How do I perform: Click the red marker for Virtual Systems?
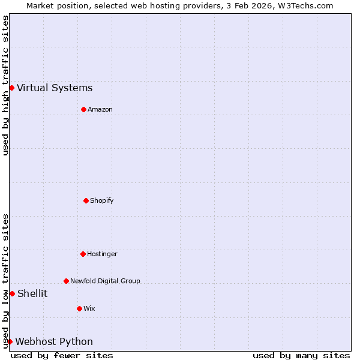click(11, 88)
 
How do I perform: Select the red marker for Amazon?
click(83, 109)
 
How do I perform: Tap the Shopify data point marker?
click(86, 200)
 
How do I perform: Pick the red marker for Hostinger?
click(83, 254)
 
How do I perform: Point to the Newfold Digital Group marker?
click(66, 281)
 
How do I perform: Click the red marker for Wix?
click(79, 308)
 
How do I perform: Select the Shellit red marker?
click(12, 293)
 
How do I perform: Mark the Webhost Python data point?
click(10, 341)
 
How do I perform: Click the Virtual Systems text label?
click(55, 88)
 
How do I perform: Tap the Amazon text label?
click(100, 109)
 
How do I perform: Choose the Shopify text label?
click(102, 200)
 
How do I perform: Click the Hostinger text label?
click(102, 254)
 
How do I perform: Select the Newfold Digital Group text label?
click(105, 281)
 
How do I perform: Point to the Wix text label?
click(89, 308)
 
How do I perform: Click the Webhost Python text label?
click(54, 342)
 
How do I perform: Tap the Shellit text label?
click(32, 293)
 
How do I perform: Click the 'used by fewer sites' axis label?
click(62, 355)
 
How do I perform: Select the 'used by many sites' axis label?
click(301, 355)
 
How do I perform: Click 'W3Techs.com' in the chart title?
click(306, 5)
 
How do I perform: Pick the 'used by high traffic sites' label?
click(5, 85)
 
